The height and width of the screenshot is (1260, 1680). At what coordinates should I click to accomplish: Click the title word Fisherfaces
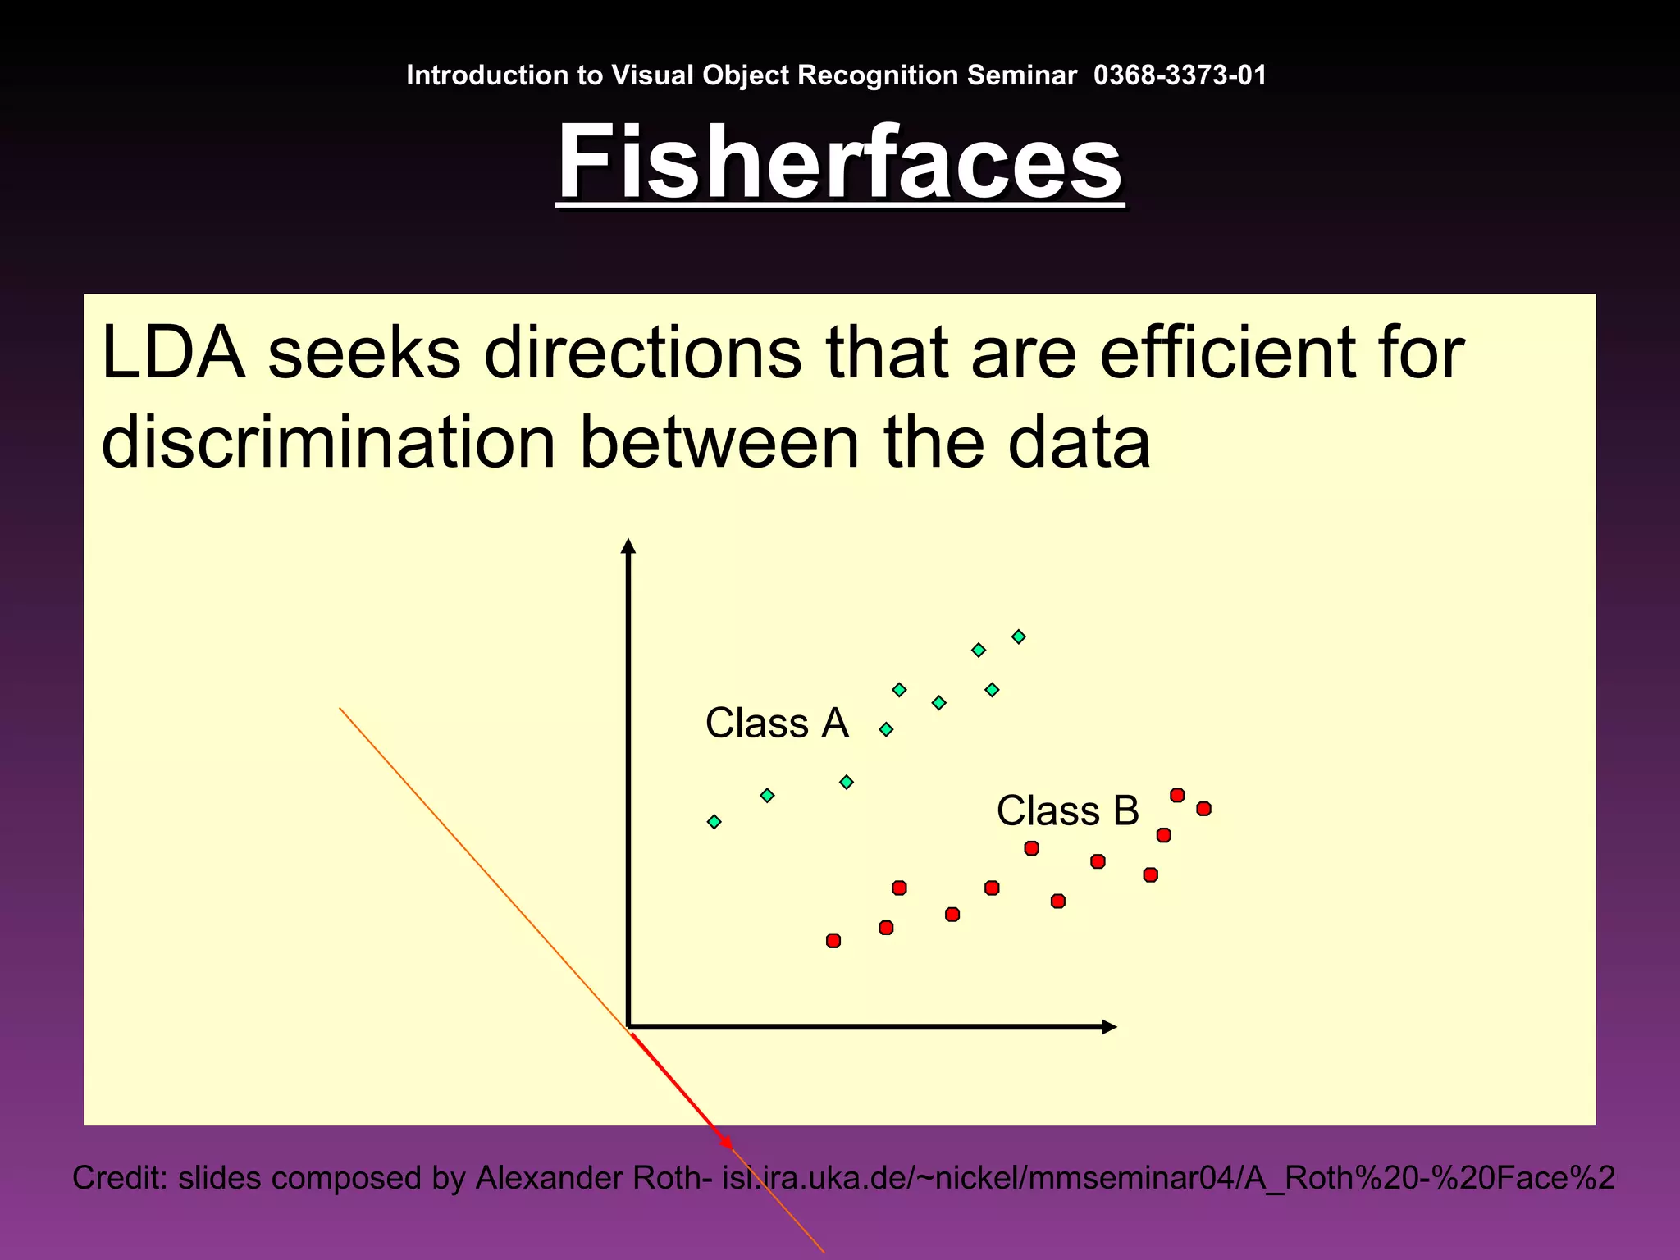click(x=839, y=162)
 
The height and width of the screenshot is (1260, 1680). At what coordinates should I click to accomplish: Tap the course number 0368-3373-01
click(x=1180, y=75)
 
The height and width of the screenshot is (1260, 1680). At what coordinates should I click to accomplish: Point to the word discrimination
click(x=328, y=443)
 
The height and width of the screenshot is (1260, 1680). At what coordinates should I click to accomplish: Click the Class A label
click(x=776, y=724)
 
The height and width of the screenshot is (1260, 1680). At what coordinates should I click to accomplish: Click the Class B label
click(x=1067, y=811)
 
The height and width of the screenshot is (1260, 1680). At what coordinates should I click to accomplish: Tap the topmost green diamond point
click(x=1018, y=637)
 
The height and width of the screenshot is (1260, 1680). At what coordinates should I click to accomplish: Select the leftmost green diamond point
click(x=714, y=821)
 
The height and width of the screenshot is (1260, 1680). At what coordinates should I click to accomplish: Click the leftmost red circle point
click(x=833, y=940)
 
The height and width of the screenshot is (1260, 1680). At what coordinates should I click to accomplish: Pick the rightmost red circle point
click(x=1203, y=809)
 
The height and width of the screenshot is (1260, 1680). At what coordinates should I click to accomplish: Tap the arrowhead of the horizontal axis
click(x=1109, y=1027)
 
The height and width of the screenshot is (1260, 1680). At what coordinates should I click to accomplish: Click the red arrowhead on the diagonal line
click(x=725, y=1141)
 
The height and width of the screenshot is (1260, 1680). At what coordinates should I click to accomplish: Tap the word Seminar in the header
click(x=1021, y=75)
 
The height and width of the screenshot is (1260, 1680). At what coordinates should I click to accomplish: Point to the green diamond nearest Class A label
click(x=886, y=729)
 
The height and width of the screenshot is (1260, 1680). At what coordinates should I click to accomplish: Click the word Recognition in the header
click(x=878, y=75)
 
